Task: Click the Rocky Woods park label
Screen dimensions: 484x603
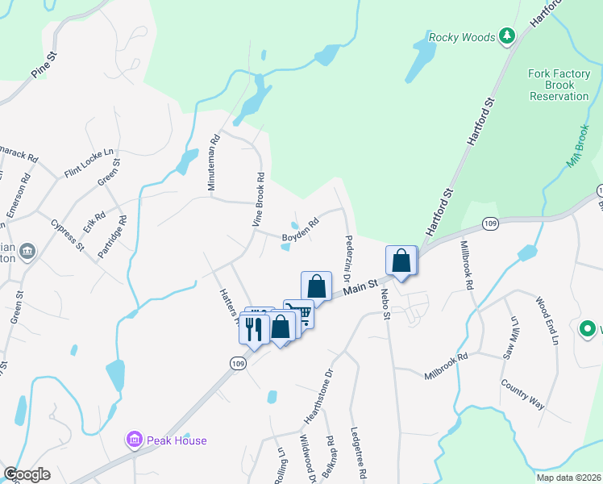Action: [x=462, y=36]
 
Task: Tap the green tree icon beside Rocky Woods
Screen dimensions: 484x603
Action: [x=506, y=35]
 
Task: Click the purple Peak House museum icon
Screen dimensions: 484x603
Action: [x=135, y=440]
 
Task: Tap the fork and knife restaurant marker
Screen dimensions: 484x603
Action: [x=253, y=328]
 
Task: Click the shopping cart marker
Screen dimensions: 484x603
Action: [x=301, y=311]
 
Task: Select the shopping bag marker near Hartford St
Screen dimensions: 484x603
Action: [x=401, y=261]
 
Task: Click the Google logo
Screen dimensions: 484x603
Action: [x=27, y=474]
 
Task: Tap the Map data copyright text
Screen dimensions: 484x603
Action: [x=568, y=478]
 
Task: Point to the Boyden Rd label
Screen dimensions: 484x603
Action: [x=300, y=233]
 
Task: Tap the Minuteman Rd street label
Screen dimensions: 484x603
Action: [x=213, y=162]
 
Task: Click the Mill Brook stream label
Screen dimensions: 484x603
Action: [x=580, y=145]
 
